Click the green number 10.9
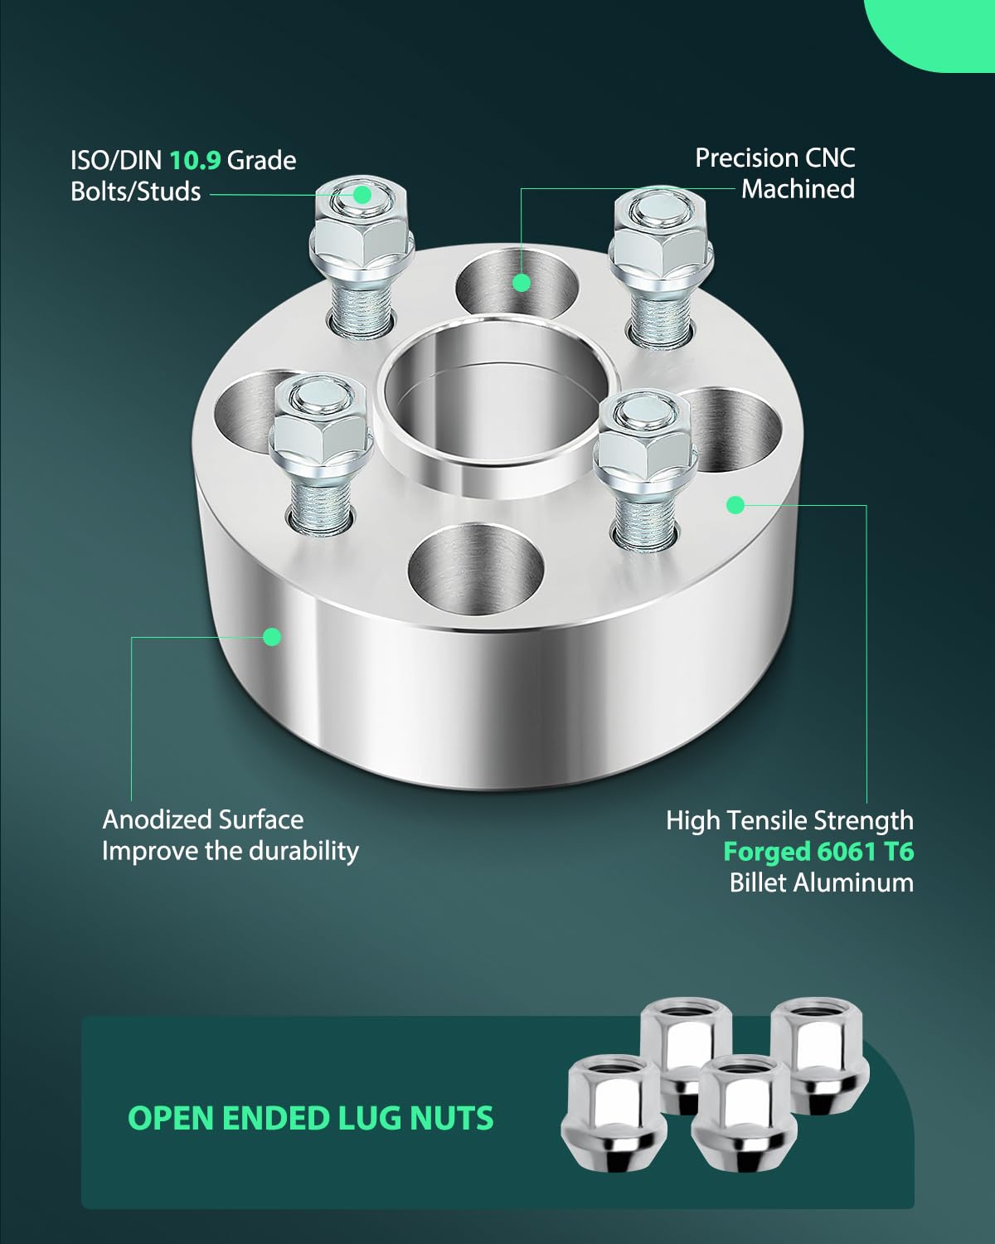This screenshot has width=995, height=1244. (195, 159)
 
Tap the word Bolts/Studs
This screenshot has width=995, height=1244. (135, 192)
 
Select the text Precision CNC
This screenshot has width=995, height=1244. (774, 158)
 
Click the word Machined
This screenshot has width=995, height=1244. (798, 189)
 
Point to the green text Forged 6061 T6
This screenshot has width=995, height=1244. (818, 852)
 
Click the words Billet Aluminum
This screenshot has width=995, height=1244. (821, 882)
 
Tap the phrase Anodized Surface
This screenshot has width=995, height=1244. (202, 819)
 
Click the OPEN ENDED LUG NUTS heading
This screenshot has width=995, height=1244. (310, 1118)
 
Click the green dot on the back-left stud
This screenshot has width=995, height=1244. (362, 195)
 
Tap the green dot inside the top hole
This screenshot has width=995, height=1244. (521, 283)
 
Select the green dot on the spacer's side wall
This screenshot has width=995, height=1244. (271, 637)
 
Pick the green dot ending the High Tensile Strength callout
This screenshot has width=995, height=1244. (735, 504)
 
